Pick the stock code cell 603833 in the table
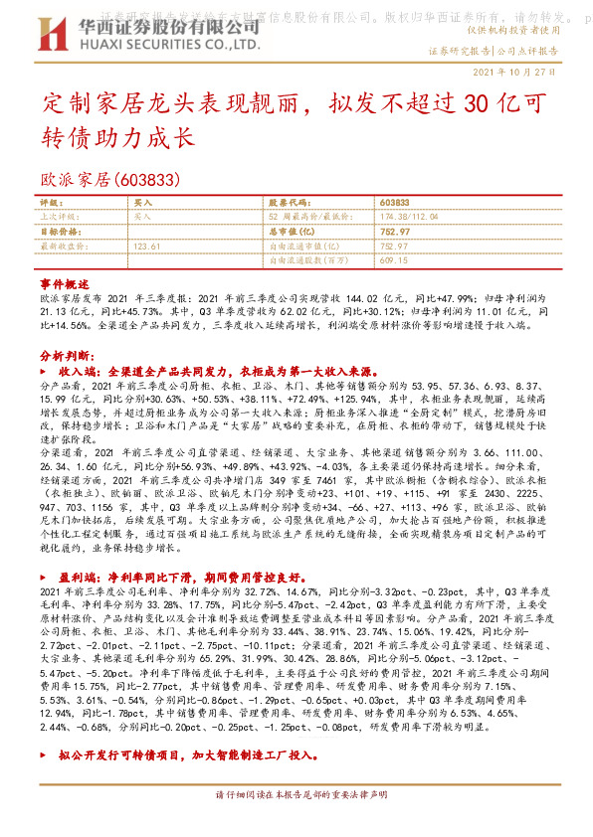395,202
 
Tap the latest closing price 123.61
146,245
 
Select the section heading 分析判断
67,355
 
